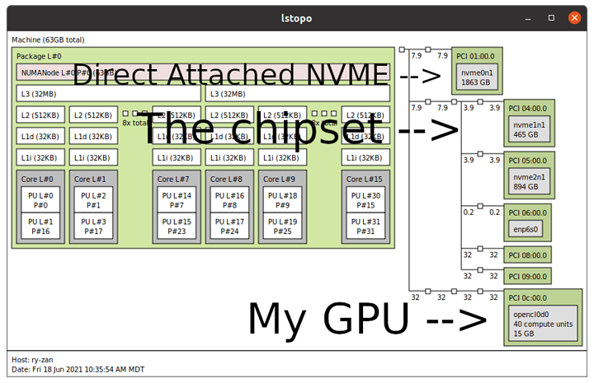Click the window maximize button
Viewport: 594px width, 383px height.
click(551, 16)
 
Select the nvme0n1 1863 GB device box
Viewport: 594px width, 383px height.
click(479, 78)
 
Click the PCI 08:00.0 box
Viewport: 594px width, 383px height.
click(528, 255)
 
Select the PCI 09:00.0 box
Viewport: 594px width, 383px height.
click(528, 277)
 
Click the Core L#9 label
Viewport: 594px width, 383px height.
click(279, 179)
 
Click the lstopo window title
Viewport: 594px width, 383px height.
click(296, 16)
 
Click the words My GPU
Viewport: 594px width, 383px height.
click(331, 317)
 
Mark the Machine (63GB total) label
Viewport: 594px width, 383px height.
click(48, 40)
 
